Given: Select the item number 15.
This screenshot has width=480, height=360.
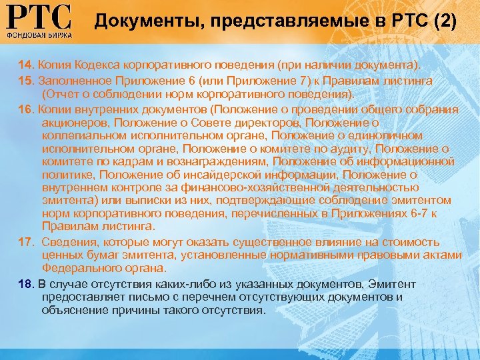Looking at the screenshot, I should [x=26, y=81].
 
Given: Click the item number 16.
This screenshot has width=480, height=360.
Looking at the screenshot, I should [x=26, y=109].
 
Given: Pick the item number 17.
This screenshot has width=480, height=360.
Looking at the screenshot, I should [x=26, y=241].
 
